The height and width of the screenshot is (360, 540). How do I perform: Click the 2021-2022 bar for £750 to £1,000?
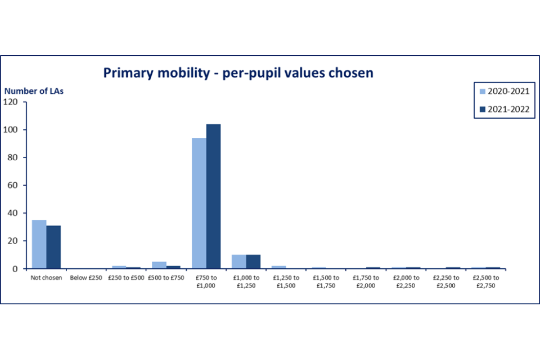[213, 196]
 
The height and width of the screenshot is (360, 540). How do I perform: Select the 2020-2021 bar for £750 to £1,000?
[199, 203]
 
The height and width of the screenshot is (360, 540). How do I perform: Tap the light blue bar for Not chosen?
[39, 244]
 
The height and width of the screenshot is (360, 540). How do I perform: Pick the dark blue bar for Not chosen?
[53, 247]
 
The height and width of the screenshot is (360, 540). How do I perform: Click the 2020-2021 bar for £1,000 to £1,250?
[238, 262]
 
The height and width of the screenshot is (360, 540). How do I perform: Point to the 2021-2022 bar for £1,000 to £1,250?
[253, 262]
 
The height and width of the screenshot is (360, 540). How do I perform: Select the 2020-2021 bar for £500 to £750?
[160, 265]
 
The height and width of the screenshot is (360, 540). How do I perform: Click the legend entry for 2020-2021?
[504, 91]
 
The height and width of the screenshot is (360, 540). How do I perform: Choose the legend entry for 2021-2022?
[504, 110]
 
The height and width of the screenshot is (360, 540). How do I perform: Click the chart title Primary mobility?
[238, 73]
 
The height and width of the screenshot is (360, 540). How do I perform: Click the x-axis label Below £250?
[85, 277]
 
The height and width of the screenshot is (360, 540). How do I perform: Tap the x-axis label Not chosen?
[46, 277]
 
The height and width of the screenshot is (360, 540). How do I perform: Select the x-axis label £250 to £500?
[125, 277]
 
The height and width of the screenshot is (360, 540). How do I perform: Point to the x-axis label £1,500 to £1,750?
[325, 281]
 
